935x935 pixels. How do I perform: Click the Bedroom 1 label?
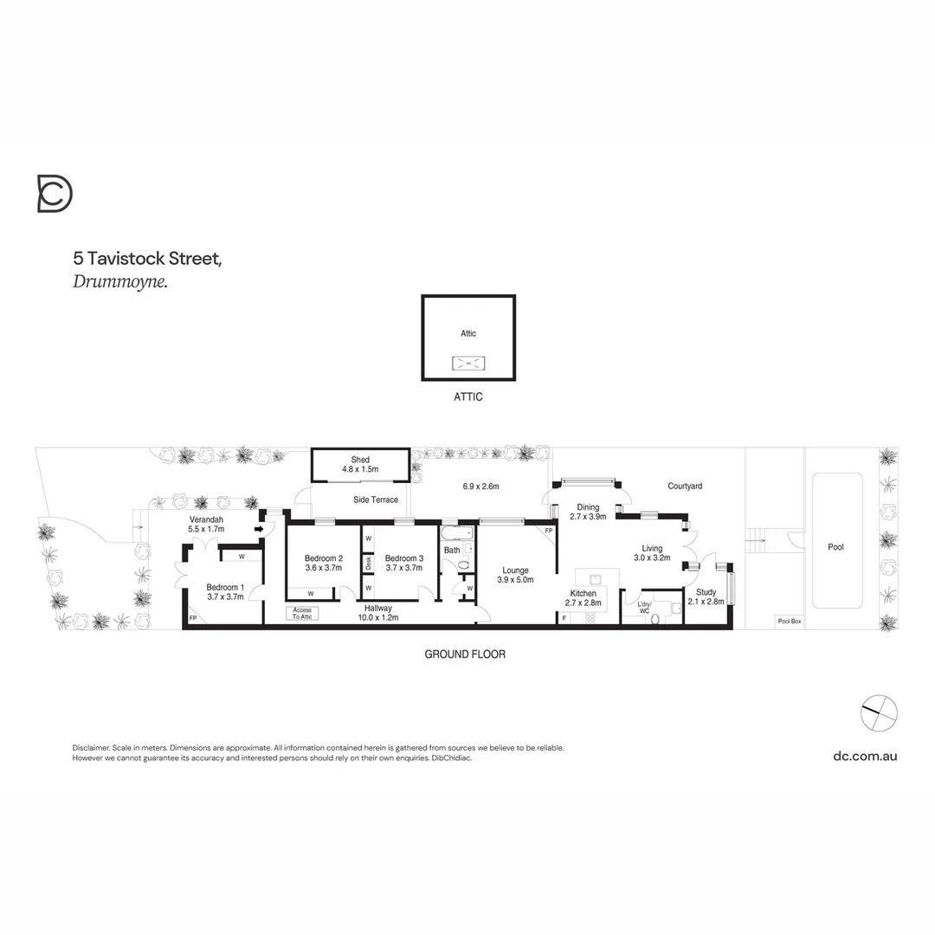[x=225, y=591]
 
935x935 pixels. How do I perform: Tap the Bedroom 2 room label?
[x=324, y=563]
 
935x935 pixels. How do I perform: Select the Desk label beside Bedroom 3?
[x=368, y=562]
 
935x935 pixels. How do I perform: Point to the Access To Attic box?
[x=301, y=613]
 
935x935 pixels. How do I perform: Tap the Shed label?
[x=360, y=464]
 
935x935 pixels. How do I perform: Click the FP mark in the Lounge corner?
[x=549, y=531]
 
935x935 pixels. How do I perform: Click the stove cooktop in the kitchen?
[x=591, y=617]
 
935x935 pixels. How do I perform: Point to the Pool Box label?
[x=789, y=621]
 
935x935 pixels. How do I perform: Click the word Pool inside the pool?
[x=835, y=547]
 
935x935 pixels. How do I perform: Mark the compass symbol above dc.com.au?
[x=880, y=713]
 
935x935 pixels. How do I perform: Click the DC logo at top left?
[x=55, y=193]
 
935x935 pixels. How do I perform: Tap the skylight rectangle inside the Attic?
[x=468, y=364]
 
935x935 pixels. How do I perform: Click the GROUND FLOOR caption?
[x=465, y=654]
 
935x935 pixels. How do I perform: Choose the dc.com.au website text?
[x=865, y=756]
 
